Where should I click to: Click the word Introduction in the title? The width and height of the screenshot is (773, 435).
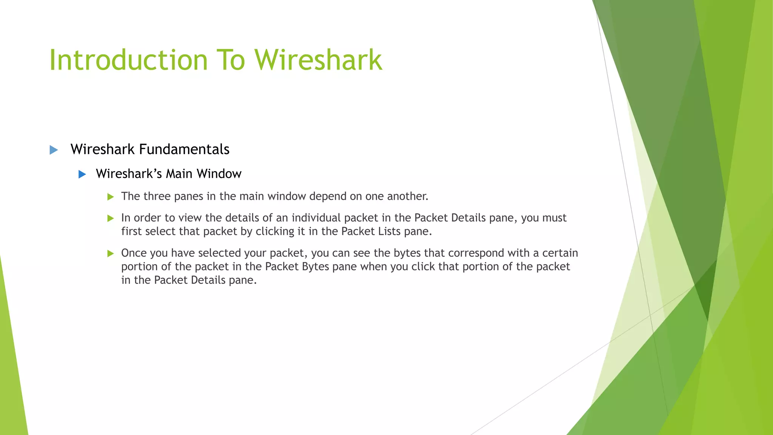128,60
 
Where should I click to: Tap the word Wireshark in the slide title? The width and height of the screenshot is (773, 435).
318,60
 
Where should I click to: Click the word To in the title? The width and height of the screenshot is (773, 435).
231,60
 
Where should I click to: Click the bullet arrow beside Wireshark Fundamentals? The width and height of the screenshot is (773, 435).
54,150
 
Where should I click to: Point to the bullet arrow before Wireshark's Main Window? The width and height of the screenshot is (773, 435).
82,174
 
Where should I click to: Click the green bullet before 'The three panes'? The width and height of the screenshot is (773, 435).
111,197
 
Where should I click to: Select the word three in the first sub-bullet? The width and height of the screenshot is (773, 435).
157,196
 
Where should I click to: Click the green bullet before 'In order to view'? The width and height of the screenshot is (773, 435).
111,218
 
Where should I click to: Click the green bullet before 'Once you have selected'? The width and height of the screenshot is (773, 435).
111,253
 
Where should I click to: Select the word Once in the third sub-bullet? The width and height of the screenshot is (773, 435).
132,253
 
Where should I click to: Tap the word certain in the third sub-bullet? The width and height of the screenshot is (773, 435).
560,253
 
